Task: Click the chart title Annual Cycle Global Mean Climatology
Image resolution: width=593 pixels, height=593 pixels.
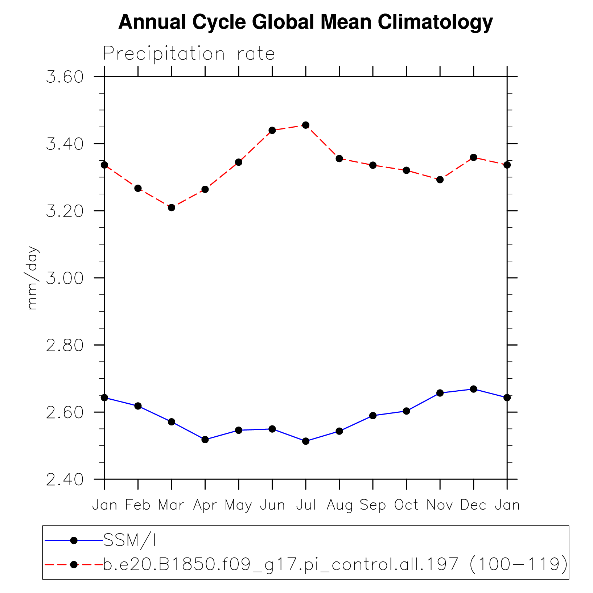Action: (x=305, y=22)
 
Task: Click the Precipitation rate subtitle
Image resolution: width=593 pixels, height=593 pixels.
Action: (x=189, y=54)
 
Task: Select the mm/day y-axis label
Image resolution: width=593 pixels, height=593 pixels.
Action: (x=32, y=278)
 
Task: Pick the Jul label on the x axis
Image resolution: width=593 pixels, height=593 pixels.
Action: (x=306, y=505)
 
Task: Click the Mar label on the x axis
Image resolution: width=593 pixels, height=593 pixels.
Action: (x=171, y=505)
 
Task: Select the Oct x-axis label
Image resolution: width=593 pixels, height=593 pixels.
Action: (x=406, y=505)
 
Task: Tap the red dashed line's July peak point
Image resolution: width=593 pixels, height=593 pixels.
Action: (x=306, y=125)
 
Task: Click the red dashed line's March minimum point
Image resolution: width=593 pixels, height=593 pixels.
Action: (x=172, y=207)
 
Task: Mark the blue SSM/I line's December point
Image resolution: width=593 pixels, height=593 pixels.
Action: (x=473, y=389)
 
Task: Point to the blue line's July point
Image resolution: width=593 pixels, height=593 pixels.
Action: (x=306, y=441)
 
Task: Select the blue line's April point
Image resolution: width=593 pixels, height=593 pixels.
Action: (x=205, y=440)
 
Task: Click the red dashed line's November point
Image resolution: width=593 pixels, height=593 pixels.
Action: (x=440, y=180)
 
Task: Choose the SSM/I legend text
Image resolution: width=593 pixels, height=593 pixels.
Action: (x=129, y=540)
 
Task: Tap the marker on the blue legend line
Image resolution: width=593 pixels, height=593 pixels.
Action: (x=74, y=540)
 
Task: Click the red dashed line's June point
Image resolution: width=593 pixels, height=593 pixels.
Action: (x=272, y=130)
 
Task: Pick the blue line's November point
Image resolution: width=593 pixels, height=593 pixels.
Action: (x=440, y=393)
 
